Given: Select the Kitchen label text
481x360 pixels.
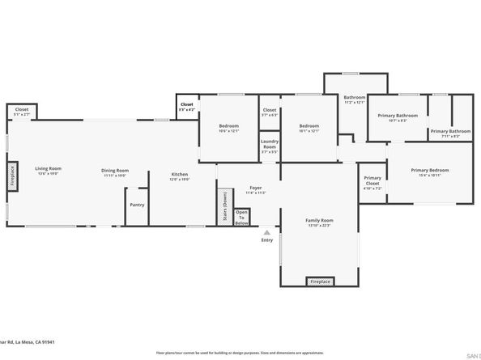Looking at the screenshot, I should click(x=179, y=176).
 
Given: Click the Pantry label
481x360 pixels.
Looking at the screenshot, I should click(x=137, y=205).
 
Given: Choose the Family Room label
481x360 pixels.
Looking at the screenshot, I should click(x=319, y=222).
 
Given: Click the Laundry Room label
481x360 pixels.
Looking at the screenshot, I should click(x=270, y=146).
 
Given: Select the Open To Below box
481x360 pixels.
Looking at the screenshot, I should click(x=241, y=217).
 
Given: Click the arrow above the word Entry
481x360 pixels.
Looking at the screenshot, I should click(x=266, y=232).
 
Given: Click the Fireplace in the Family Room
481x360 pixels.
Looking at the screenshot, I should click(x=319, y=282).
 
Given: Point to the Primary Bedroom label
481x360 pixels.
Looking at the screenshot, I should click(x=429, y=172).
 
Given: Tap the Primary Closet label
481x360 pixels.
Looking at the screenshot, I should click(x=372, y=181).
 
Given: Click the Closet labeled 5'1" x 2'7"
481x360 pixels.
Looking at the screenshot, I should click(x=22, y=112).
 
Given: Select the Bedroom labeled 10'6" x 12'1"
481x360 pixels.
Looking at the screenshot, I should click(x=228, y=128).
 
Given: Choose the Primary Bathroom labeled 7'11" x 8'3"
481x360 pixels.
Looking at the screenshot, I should click(x=450, y=133).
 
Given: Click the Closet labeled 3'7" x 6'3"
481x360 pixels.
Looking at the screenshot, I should click(x=270, y=112).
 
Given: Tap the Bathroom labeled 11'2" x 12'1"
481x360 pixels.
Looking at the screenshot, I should click(x=355, y=100).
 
